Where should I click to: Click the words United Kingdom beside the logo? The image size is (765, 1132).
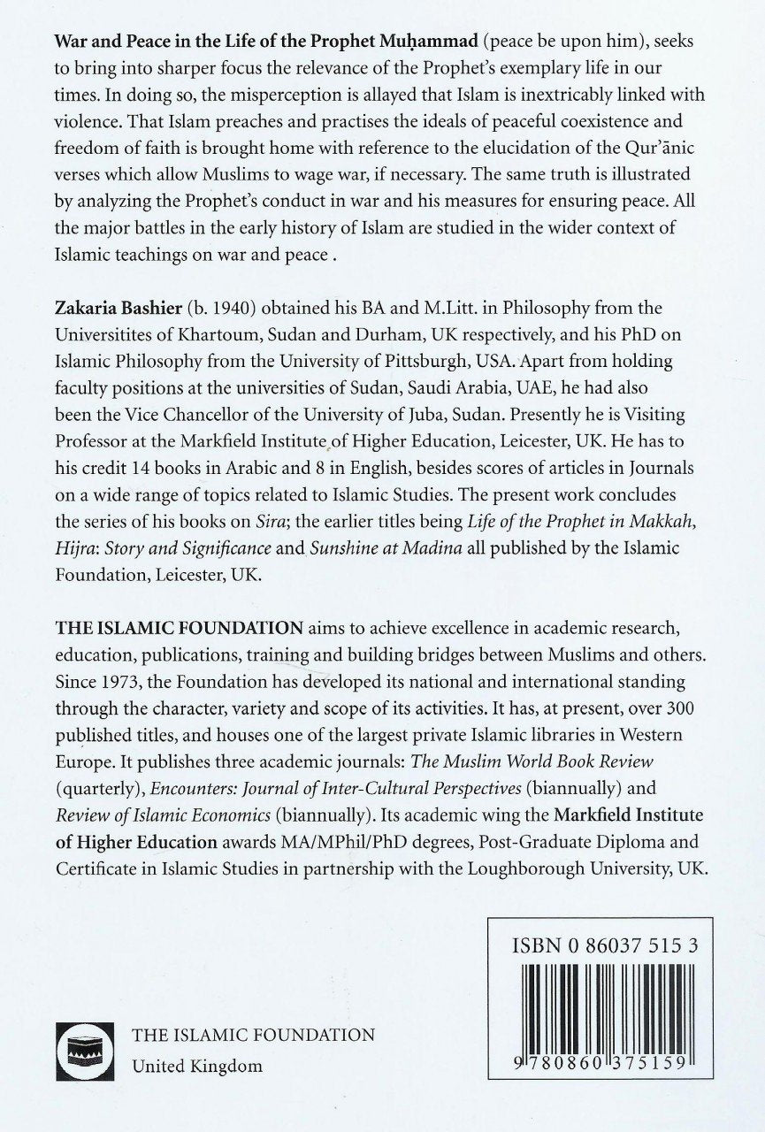pos(196,1066)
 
